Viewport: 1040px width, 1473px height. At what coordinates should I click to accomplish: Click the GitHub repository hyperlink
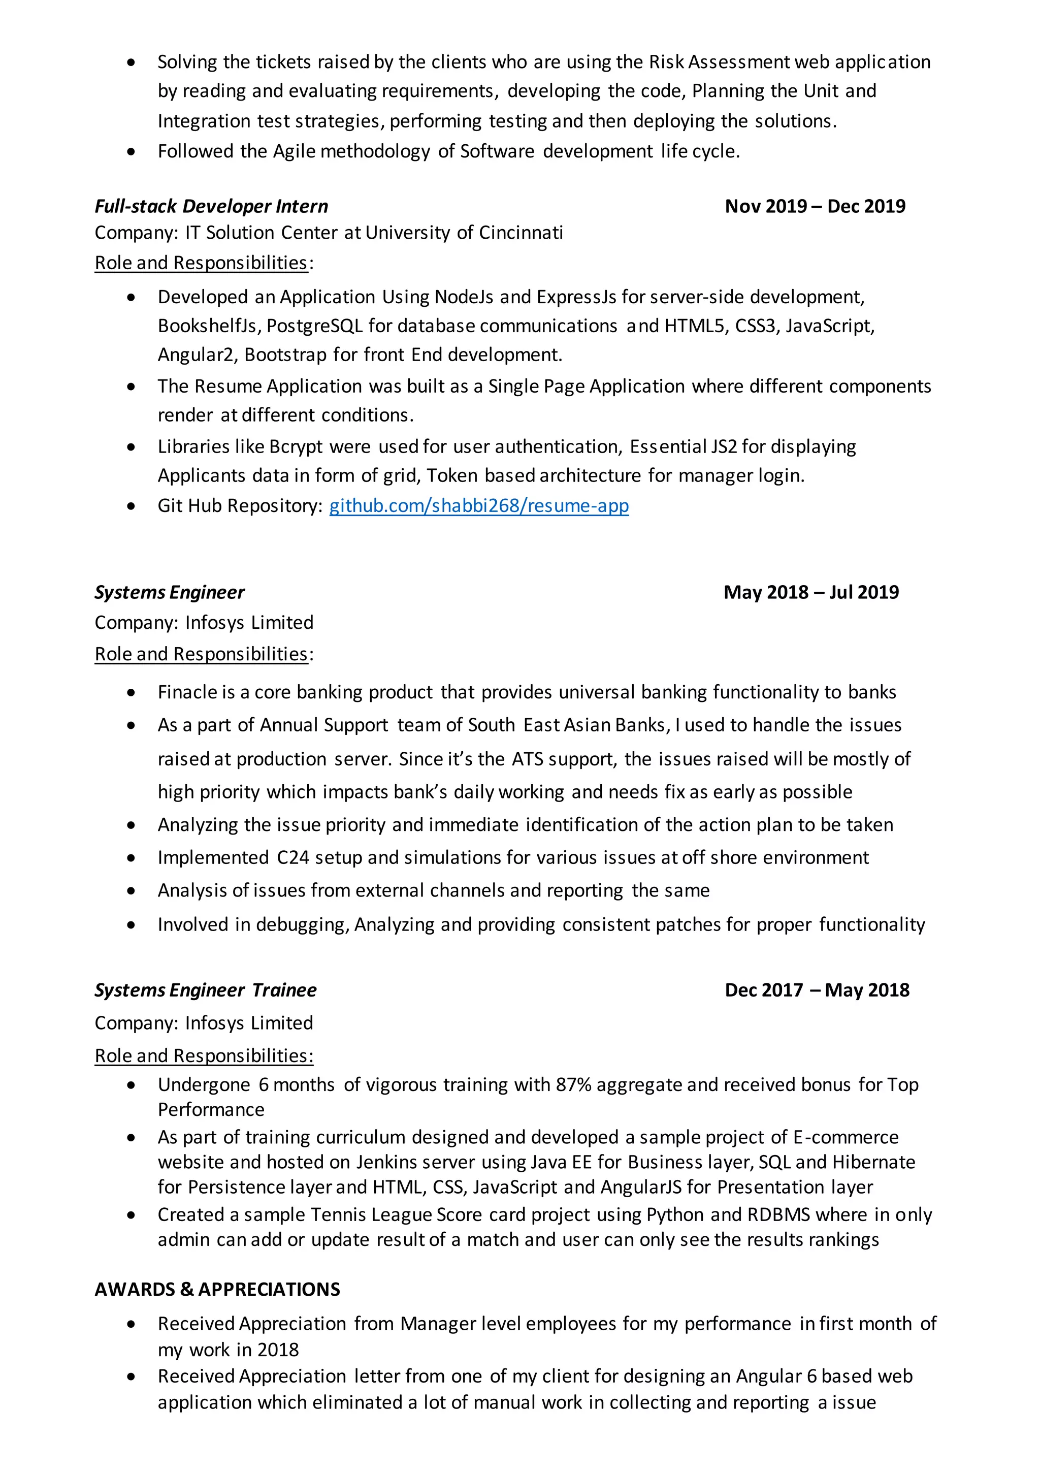click(479, 506)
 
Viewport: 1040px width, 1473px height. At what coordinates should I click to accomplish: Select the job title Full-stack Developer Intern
click(211, 207)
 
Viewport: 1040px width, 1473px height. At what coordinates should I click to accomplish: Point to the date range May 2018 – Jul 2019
click(810, 592)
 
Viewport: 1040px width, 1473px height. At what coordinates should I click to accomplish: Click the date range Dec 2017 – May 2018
click(816, 990)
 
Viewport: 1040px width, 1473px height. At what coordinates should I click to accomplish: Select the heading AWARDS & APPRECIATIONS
click(217, 1290)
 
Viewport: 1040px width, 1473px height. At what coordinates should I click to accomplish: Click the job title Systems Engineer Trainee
click(205, 990)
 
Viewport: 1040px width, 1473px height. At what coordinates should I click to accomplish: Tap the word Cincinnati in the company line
click(521, 233)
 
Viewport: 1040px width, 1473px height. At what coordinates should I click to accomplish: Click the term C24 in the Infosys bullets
click(292, 858)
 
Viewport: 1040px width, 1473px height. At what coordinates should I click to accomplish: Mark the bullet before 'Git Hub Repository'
click(132, 507)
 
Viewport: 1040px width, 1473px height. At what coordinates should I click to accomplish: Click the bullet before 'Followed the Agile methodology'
click(132, 152)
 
